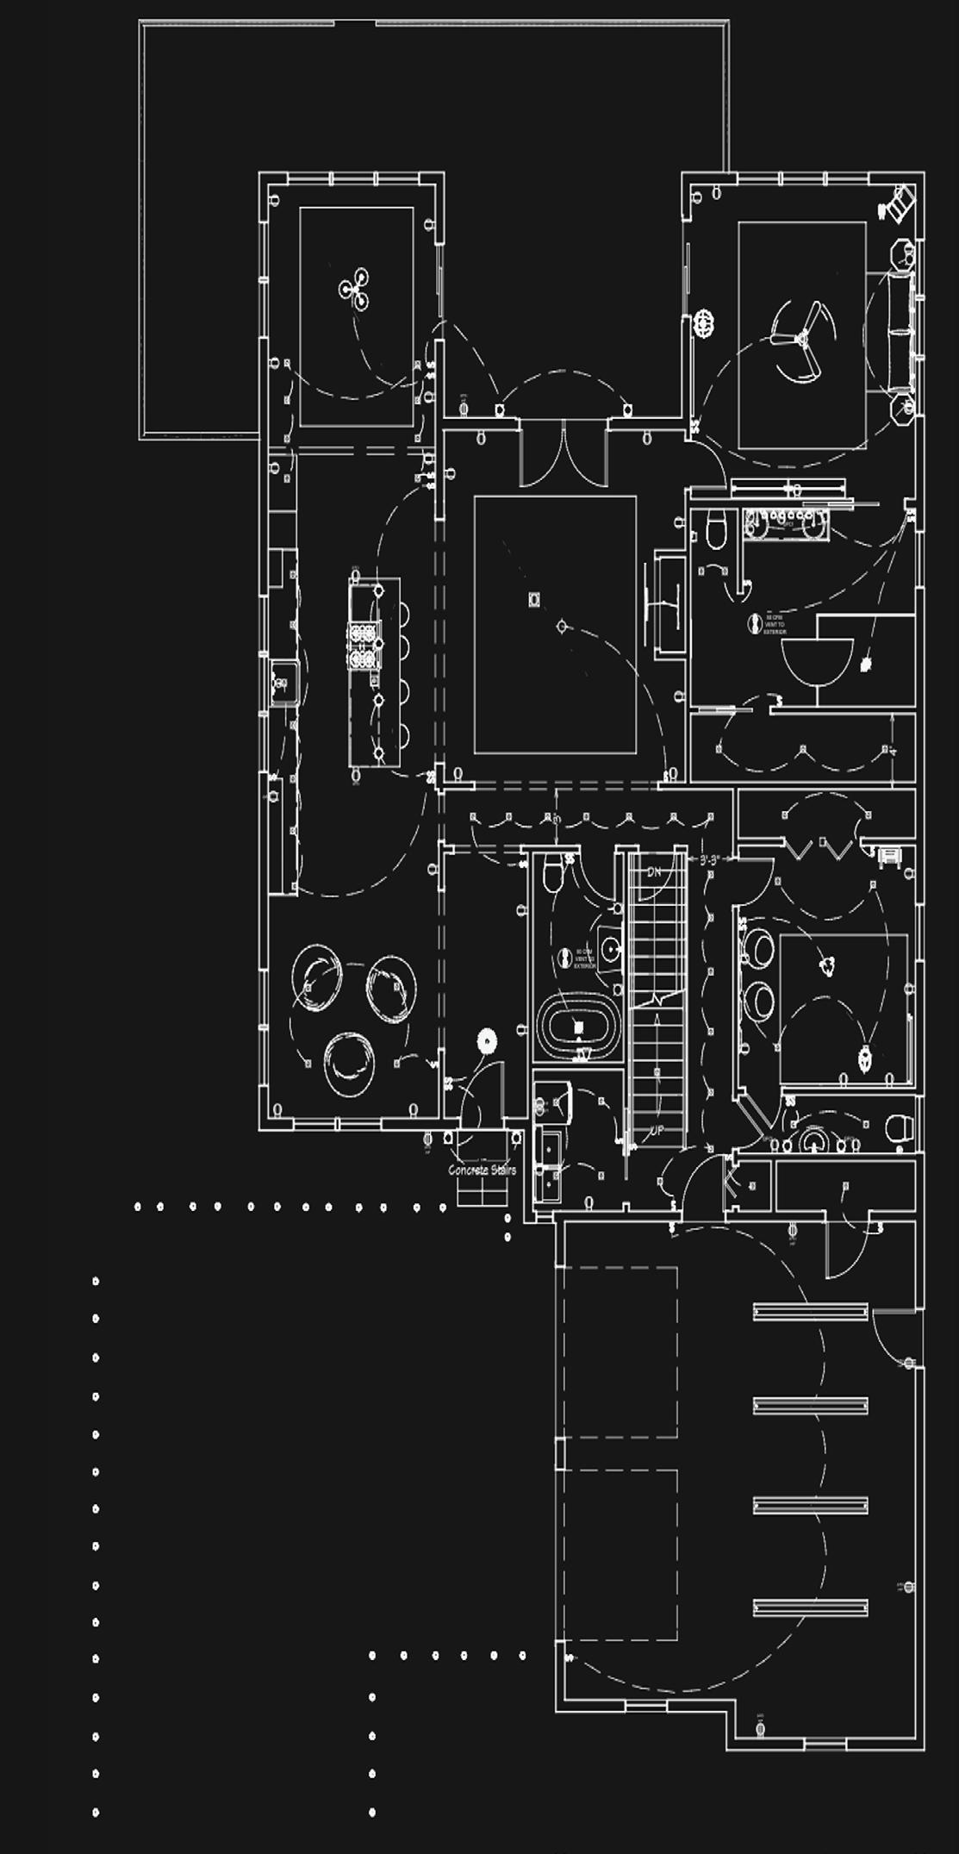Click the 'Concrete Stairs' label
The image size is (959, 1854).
482,1170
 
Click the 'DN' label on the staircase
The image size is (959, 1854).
654,872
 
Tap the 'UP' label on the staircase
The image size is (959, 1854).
657,1130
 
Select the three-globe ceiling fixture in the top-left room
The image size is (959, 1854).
355,289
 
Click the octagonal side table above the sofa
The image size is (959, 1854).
902,255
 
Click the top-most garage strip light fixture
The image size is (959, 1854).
810,1313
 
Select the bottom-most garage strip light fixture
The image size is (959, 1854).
810,1607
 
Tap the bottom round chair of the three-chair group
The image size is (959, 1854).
349,1063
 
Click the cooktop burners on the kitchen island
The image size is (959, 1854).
364,646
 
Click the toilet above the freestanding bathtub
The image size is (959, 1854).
553,877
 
